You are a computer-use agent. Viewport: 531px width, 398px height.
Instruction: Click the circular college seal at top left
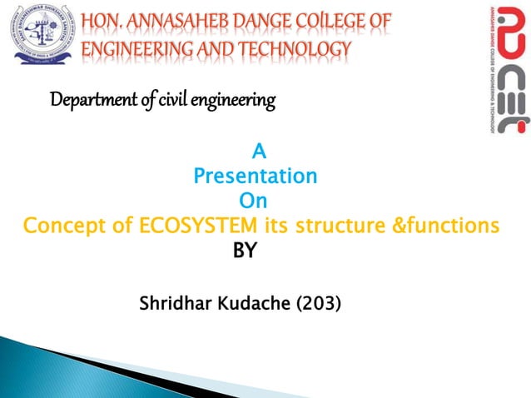[41, 36]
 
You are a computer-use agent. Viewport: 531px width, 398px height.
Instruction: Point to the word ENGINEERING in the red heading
[133, 50]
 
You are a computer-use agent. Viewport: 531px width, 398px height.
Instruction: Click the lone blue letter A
[258, 153]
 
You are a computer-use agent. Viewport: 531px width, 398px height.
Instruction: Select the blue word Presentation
[254, 177]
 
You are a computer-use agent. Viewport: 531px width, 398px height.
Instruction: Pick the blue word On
[253, 201]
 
